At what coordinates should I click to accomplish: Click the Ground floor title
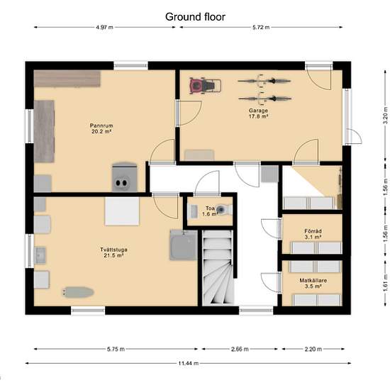(x=195, y=17)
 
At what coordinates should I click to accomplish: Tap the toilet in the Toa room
(x=224, y=209)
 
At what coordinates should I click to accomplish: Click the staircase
(x=218, y=267)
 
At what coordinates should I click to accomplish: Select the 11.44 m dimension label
(x=189, y=363)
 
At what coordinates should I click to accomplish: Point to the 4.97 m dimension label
(x=104, y=28)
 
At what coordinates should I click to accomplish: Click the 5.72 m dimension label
(x=261, y=28)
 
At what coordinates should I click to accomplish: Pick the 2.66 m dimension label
(x=240, y=349)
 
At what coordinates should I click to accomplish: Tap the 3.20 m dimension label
(x=386, y=115)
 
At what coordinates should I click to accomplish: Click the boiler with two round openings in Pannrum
(x=124, y=177)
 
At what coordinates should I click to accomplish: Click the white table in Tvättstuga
(x=122, y=211)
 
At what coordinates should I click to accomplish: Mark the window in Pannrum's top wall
(x=131, y=66)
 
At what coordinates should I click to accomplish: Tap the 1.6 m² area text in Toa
(x=209, y=214)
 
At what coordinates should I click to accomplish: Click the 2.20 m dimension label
(x=313, y=349)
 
